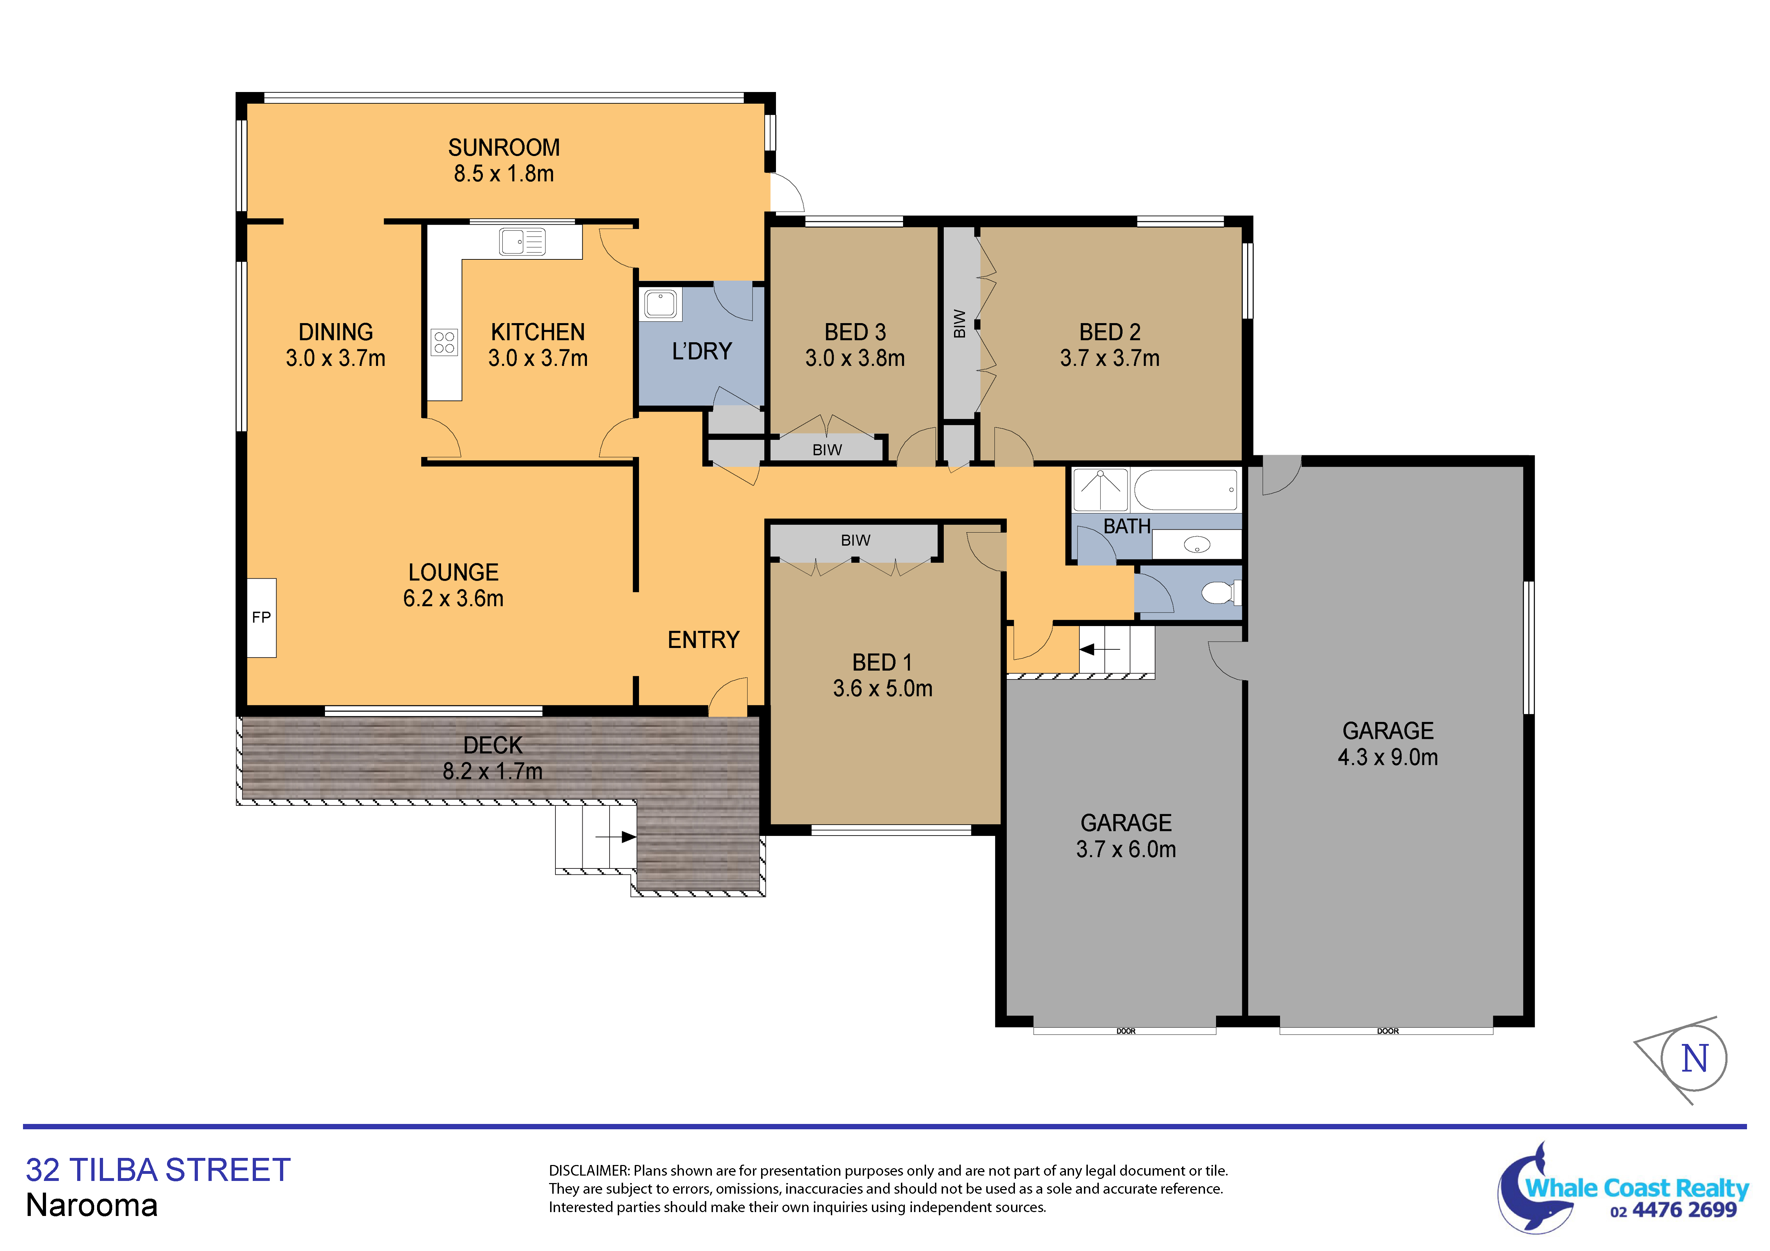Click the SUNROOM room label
coord(504,147)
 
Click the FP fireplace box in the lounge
coord(261,618)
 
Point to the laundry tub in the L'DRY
coord(660,304)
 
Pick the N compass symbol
coord(1694,1058)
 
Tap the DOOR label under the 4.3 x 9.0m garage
coord(1388,1031)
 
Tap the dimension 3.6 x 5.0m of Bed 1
coord(883,688)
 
